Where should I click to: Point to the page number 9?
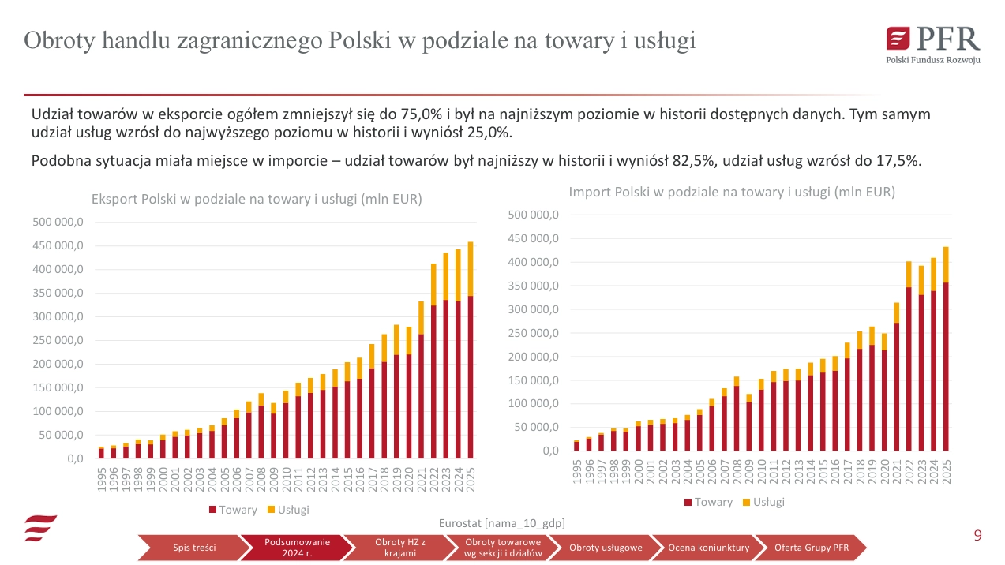[977, 537]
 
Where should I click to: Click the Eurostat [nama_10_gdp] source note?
[501, 523]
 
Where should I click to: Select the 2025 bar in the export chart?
[471, 350]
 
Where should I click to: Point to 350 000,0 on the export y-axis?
[58, 294]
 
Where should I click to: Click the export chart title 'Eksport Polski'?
[257, 200]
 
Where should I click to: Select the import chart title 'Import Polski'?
[732, 192]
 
